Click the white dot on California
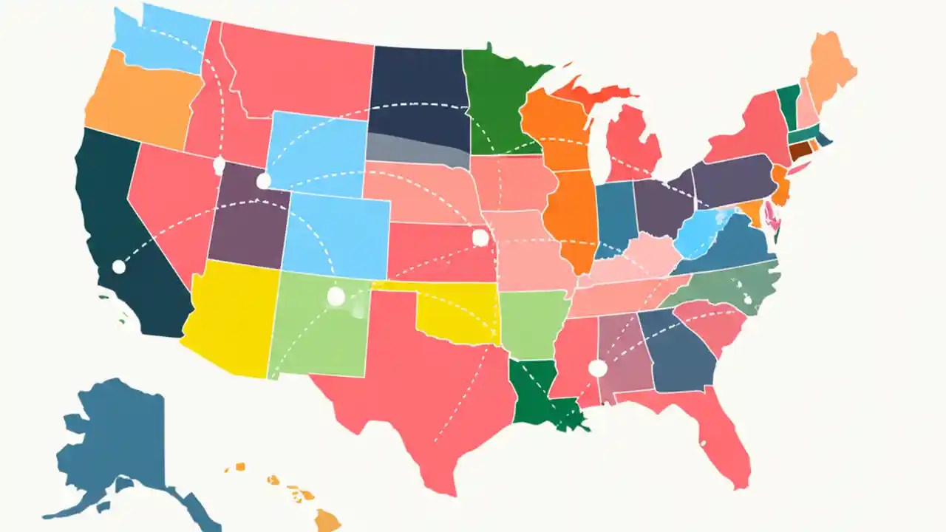[x=118, y=267]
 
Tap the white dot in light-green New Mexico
[x=336, y=296]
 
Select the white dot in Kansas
[x=480, y=238]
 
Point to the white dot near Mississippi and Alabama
[x=597, y=368]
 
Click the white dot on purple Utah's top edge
[x=263, y=180]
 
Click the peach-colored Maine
[x=829, y=70]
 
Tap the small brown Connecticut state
[x=800, y=150]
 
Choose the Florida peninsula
[x=728, y=443]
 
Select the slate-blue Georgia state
[x=676, y=351]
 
